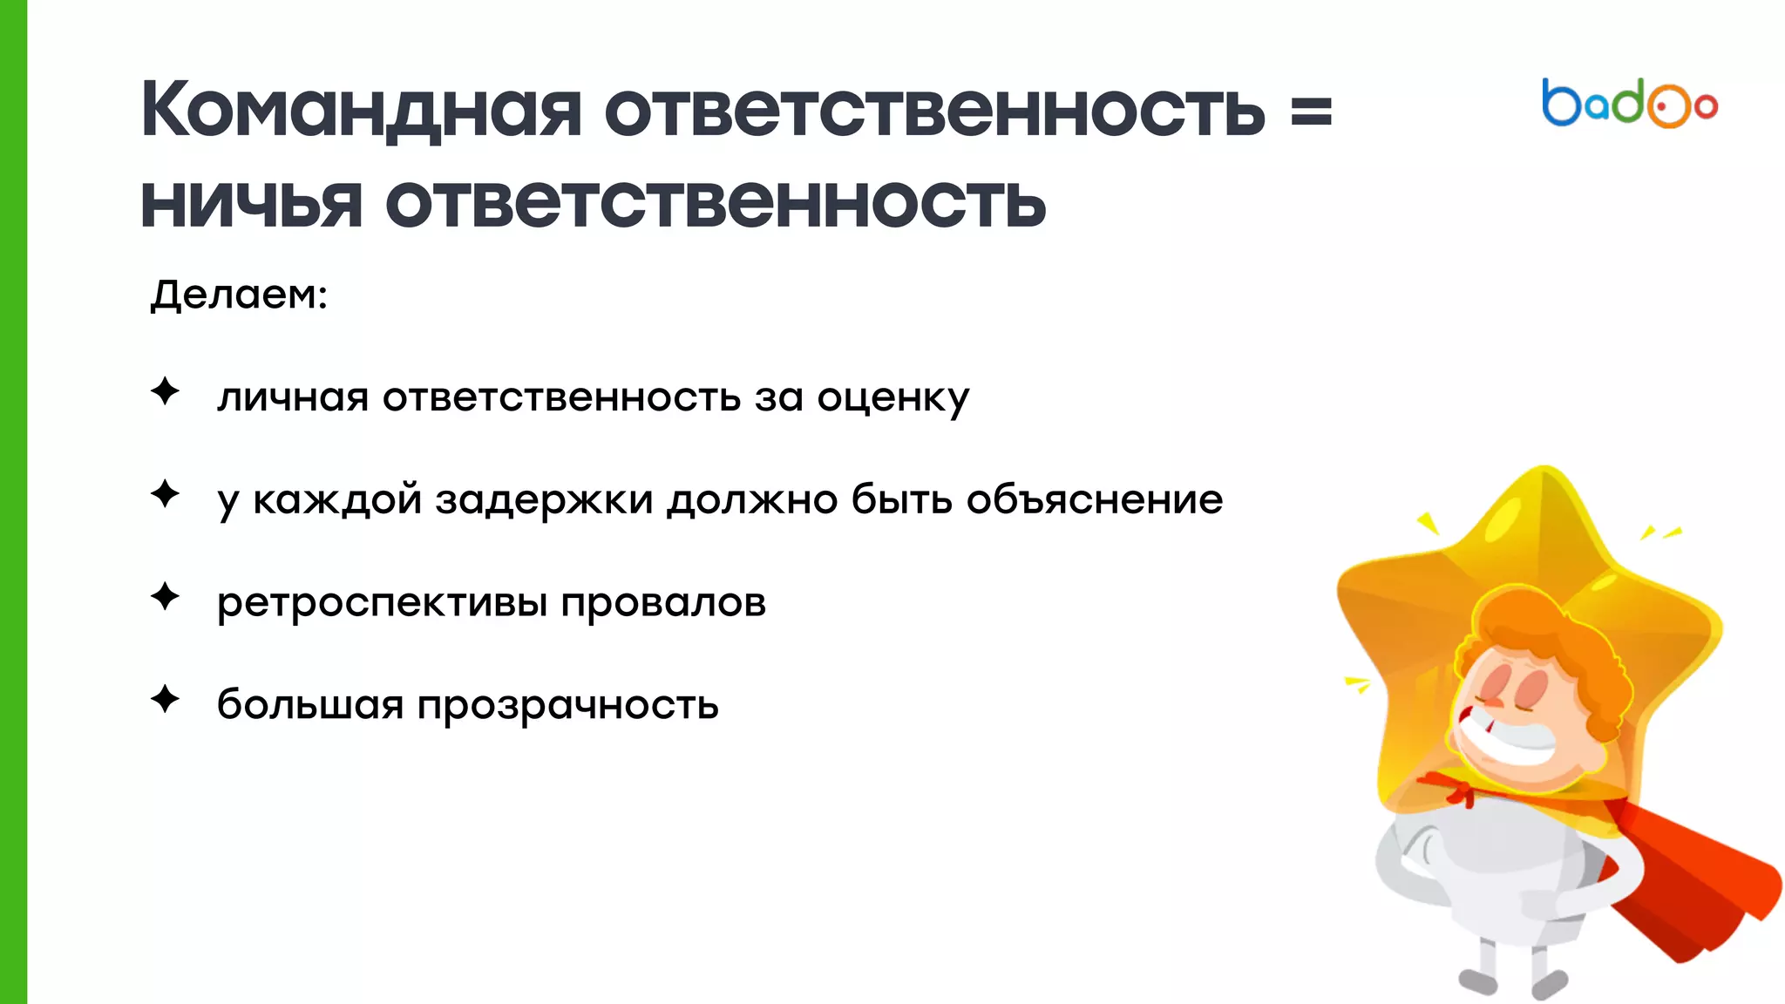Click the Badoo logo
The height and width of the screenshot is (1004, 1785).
click(1629, 104)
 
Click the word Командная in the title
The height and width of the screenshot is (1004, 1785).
click(361, 111)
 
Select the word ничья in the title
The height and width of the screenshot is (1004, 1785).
click(251, 204)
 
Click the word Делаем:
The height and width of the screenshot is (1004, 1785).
click(239, 295)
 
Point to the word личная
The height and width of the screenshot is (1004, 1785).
click(293, 398)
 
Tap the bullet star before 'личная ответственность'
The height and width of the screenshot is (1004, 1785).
click(165, 391)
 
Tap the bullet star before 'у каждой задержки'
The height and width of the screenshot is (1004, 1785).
click(165, 494)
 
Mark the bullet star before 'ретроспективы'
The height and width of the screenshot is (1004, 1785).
click(165, 597)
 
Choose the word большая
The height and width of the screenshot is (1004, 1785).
click(309, 704)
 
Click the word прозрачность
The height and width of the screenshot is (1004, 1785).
click(567, 706)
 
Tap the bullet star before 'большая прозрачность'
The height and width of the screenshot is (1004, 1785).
click(165, 699)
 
